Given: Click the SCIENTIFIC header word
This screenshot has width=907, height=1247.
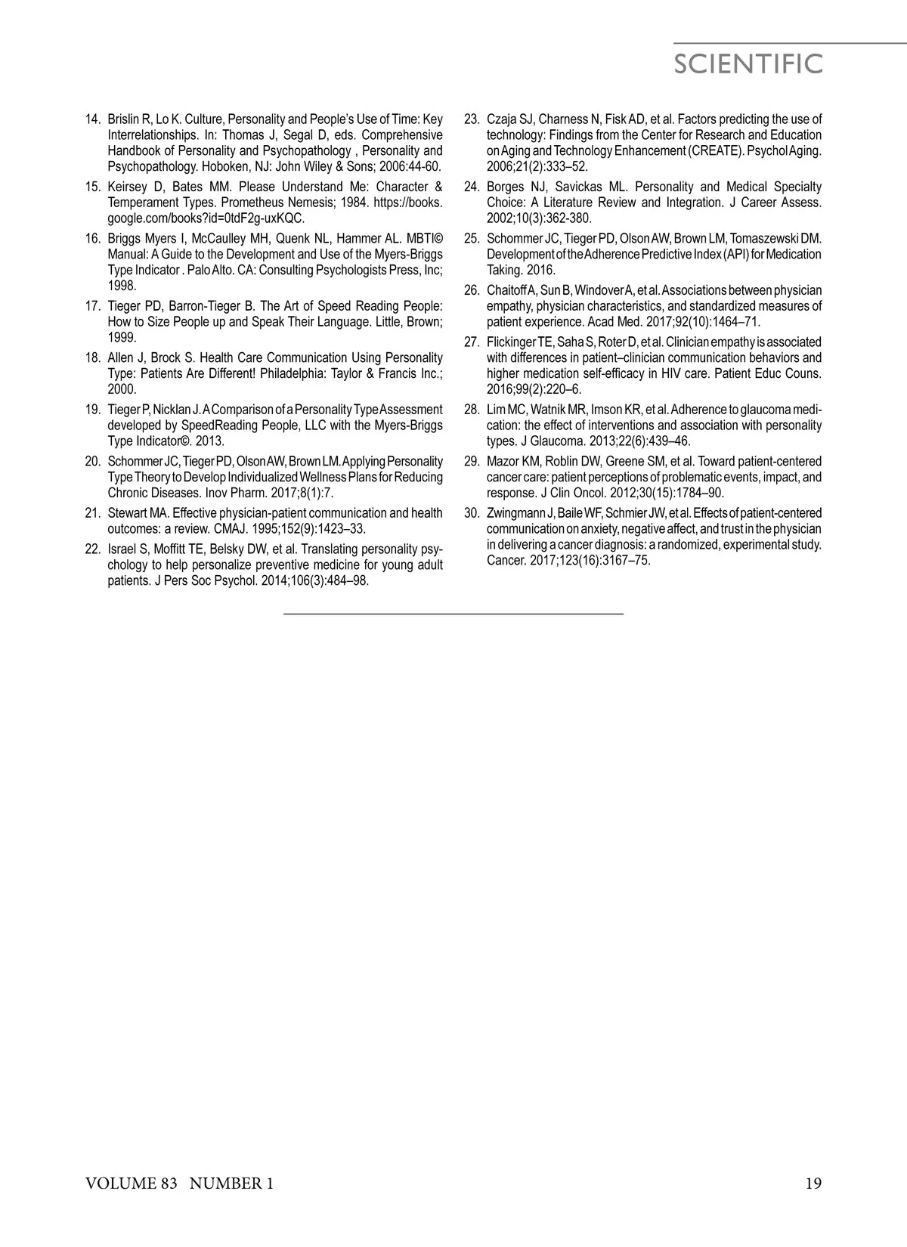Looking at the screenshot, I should (748, 64).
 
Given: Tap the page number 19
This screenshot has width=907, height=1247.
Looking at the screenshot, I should (813, 1184).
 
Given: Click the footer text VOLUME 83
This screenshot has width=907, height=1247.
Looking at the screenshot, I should (131, 1184).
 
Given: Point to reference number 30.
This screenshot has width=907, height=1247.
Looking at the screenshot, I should (472, 513).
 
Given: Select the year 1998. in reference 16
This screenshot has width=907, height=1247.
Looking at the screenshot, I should (122, 286).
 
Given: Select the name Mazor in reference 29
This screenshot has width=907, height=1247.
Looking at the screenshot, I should (503, 461).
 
